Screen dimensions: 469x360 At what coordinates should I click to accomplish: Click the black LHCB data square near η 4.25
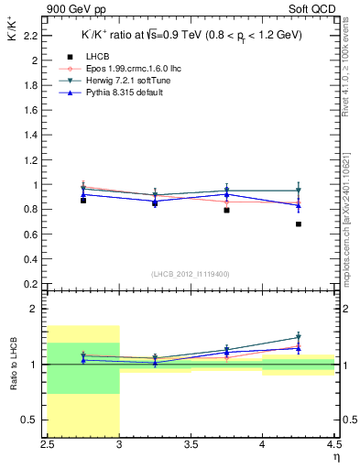coord(299,224)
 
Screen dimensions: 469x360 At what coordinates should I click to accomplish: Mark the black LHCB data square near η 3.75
coord(226,210)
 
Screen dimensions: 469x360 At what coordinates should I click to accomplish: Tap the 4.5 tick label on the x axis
coord(333,444)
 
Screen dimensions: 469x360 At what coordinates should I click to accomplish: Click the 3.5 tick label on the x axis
coord(191,444)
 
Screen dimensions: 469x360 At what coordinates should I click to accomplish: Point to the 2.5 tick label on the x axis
coord(48,444)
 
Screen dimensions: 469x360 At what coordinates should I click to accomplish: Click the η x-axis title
coord(334,456)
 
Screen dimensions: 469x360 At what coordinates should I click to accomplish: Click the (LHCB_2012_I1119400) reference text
coord(191,273)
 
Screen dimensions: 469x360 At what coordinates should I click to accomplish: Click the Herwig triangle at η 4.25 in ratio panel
coord(299,337)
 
